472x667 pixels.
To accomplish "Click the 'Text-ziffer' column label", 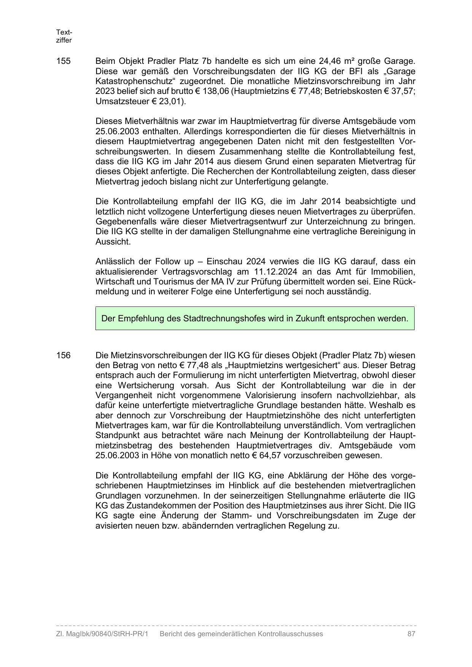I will coord(64,36).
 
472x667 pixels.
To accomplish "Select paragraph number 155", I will coord(64,61).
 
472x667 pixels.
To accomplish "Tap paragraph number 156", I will coord(64,355).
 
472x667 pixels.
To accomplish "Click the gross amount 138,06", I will coord(216,91).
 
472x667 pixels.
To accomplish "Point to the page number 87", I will coord(411,634).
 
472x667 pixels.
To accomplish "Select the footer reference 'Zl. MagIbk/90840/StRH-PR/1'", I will coord(102,634).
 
